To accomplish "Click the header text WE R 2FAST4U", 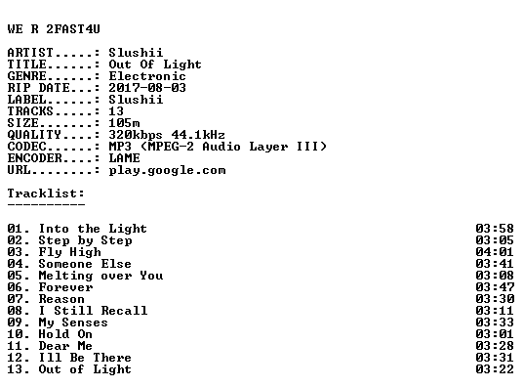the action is pos(54,29).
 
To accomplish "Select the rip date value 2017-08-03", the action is pos(147,88).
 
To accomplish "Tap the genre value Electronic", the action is pos(147,76).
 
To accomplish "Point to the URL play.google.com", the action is pos(167,171).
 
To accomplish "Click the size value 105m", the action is pos(124,123).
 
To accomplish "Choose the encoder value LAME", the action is pos(124,158).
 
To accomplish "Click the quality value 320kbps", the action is pos(136,135).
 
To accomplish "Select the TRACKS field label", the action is pos(30,111).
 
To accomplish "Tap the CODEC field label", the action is pos(26,147).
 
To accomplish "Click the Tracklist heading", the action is pos(46,193).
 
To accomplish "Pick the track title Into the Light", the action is pos(93,229).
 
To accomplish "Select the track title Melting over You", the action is pos(101,276).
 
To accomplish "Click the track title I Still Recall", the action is pos(93,311).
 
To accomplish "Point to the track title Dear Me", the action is pos(65,346).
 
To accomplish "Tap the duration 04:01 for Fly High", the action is pos(495,252).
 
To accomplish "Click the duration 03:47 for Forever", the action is pos(495,287).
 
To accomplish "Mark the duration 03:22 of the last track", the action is pos(495,369).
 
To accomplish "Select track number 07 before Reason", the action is pos(15,299).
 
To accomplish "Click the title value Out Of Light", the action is pos(155,64).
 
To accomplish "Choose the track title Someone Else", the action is pos(85,264).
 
